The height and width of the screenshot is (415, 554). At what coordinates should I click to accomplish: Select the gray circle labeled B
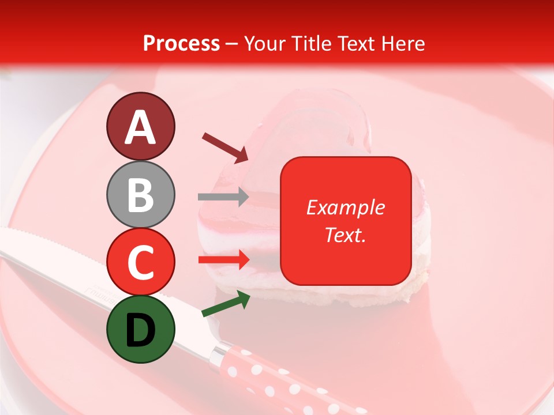pos(140,194)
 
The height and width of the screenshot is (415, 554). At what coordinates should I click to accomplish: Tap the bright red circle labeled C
pos(140,262)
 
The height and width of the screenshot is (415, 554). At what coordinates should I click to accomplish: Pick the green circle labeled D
pos(140,329)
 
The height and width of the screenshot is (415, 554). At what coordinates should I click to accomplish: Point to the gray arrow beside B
pos(223,197)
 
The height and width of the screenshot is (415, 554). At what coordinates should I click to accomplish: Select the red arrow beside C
pos(223,260)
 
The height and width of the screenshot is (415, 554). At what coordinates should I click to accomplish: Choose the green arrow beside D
pos(226,304)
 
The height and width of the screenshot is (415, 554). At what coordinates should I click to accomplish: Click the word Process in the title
pos(181,43)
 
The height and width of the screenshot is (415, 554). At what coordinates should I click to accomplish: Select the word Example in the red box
pos(345,207)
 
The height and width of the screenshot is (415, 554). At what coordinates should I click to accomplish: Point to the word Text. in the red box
pos(345,235)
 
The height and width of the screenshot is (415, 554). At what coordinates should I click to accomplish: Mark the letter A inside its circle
pos(140,127)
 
